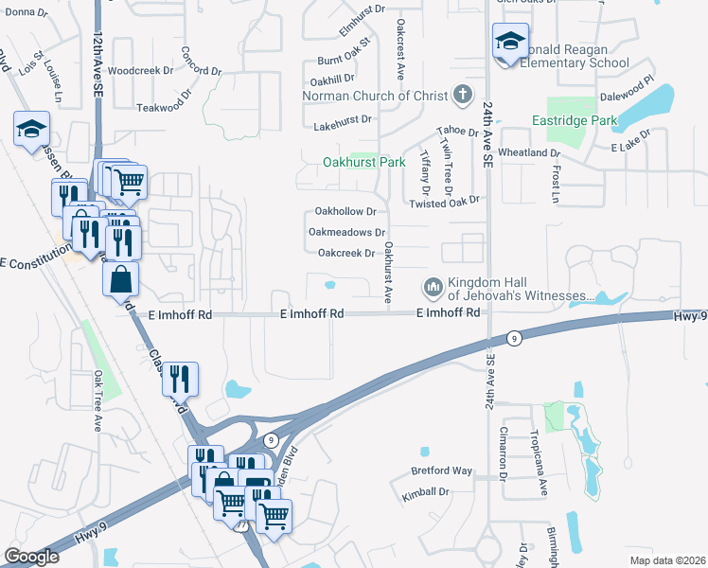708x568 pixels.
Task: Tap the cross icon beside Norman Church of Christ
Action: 462,95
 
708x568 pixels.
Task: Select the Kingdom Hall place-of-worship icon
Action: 434,286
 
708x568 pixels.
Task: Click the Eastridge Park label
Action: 574,120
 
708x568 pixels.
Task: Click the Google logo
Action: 31,557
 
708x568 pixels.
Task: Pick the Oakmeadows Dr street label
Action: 347,232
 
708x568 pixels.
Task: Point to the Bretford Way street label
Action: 441,470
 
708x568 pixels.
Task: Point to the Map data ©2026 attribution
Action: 666,560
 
